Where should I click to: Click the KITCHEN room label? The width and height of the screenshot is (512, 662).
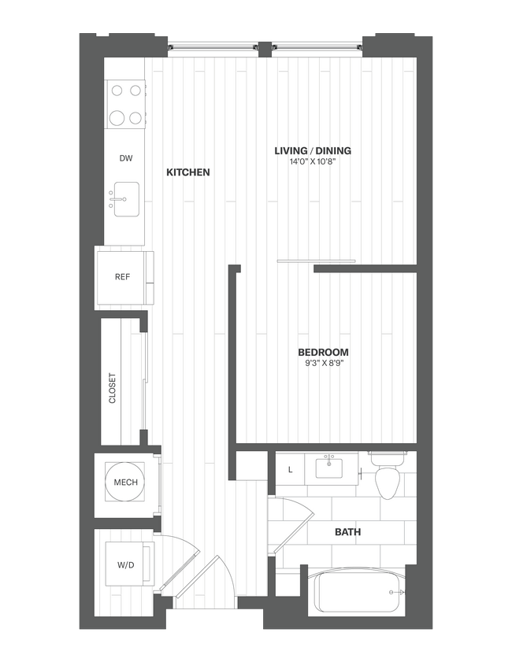tap(188, 172)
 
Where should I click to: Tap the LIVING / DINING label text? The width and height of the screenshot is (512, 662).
tap(312, 150)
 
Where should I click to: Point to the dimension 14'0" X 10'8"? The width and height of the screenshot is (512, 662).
tap(312, 163)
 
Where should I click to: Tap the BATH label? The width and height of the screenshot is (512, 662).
tap(347, 532)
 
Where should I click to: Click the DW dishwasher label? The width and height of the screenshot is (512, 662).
tap(125, 158)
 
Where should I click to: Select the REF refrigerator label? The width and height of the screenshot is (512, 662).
tap(122, 276)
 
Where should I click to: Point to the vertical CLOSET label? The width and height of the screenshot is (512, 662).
tap(112, 388)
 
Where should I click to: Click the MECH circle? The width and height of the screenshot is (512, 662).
tap(125, 482)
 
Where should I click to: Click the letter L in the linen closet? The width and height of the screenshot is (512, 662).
tap(290, 470)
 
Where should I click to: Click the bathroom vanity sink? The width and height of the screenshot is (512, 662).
tap(329, 469)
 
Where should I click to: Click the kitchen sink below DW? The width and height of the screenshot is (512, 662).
tap(125, 199)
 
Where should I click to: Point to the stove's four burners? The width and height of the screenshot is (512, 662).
tap(126, 106)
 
